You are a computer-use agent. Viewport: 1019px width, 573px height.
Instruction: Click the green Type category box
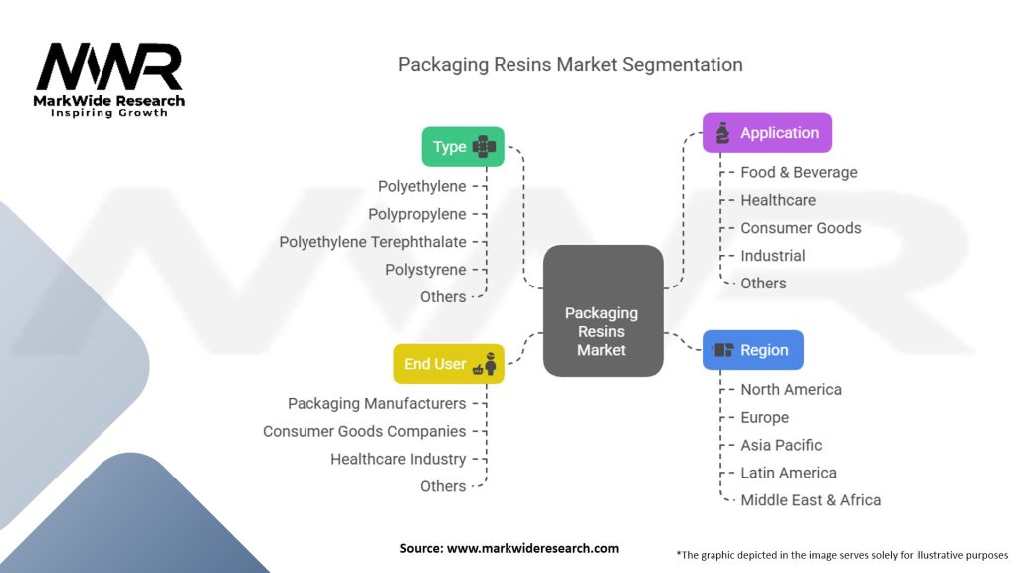pyautogui.click(x=463, y=147)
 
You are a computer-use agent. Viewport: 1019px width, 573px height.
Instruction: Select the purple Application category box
pyautogui.click(x=766, y=133)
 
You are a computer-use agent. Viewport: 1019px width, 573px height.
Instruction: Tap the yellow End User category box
pyautogui.click(x=448, y=364)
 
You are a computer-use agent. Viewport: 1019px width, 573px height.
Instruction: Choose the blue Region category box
pyautogui.click(x=752, y=350)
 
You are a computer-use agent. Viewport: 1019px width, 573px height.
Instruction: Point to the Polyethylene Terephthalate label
pyautogui.click(x=372, y=242)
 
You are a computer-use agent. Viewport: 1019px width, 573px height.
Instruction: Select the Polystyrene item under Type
pyautogui.click(x=425, y=270)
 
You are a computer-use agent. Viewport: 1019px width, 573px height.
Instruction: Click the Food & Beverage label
pyautogui.click(x=798, y=172)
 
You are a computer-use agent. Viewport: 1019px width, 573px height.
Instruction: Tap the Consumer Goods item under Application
pyautogui.click(x=800, y=228)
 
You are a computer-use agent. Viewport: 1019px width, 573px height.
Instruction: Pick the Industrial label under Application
pyautogui.click(x=772, y=256)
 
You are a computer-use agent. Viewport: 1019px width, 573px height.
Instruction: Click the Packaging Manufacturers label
pyautogui.click(x=376, y=403)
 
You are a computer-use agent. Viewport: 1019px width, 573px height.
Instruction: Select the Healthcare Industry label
pyautogui.click(x=398, y=459)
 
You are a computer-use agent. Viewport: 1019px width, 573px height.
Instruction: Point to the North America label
pyautogui.click(x=790, y=390)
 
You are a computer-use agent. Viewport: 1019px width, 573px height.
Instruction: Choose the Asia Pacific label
pyautogui.click(x=781, y=445)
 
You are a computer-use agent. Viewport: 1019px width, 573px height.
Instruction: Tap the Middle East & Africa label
pyautogui.click(x=810, y=500)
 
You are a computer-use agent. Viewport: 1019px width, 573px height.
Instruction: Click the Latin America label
pyautogui.click(x=788, y=473)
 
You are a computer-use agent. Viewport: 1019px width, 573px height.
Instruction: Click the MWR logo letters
pyautogui.click(x=109, y=68)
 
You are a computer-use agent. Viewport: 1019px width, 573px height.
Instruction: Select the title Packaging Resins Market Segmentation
pyautogui.click(x=570, y=65)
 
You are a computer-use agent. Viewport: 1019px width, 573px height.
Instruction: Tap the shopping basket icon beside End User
pyautogui.click(x=480, y=369)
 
